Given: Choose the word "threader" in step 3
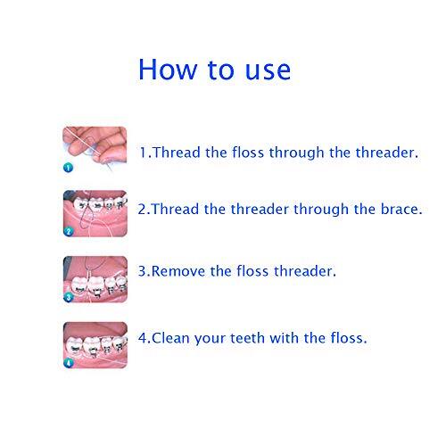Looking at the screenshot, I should click(305, 269).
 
